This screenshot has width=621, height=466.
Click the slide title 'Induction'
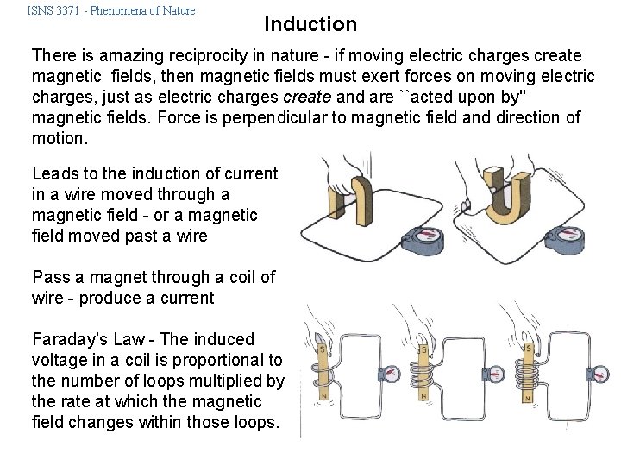(x=310, y=24)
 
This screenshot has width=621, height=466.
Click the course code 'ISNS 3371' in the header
(x=58, y=10)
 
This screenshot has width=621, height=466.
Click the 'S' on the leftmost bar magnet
(x=320, y=349)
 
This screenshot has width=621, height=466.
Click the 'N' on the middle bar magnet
(x=423, y=398)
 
